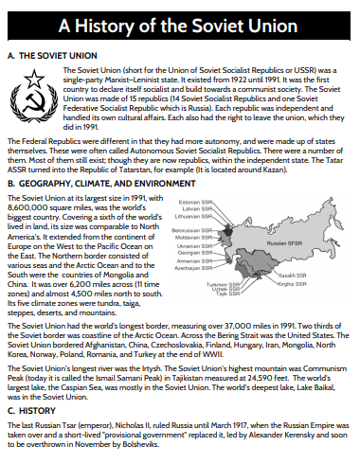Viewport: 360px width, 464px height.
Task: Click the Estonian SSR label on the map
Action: click(x=195, y=202)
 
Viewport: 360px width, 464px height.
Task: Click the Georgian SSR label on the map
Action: click(x=195, y=253)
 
